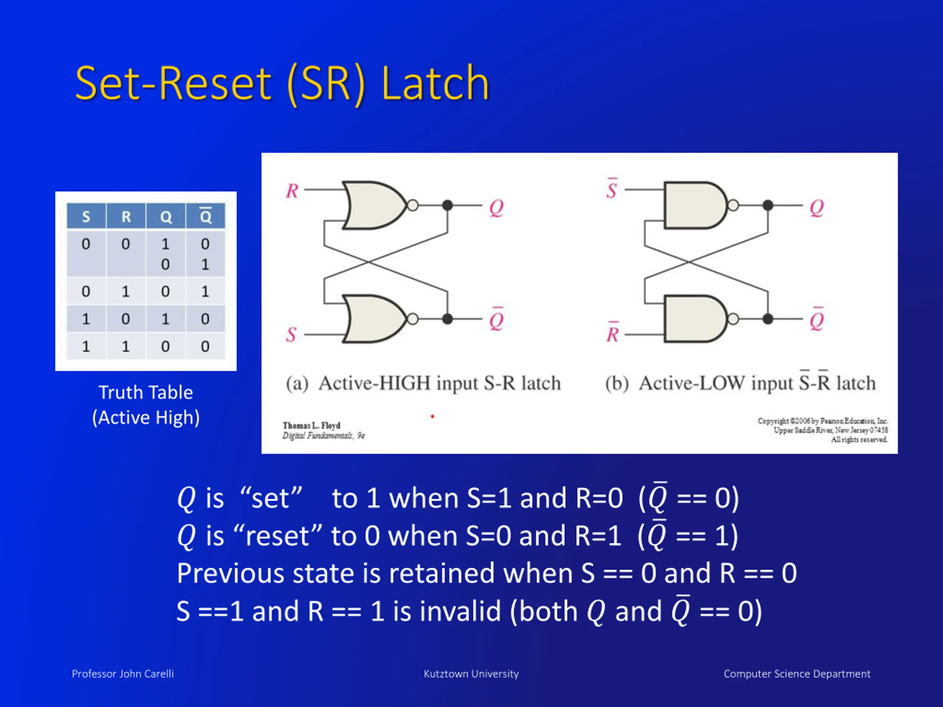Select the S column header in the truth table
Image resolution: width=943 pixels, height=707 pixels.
tap(86, 217)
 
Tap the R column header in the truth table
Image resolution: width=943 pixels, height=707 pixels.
tap(126, 217)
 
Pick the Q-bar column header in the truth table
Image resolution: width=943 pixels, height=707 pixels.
tap(206, 216)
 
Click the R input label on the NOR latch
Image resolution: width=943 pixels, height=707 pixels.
tap(292, 191)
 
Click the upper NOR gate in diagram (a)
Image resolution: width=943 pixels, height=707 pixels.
tap(373, 205)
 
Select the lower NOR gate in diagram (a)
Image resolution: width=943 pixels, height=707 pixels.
tap(373, 319)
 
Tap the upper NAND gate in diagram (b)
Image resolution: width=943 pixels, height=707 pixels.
tap(694, 205)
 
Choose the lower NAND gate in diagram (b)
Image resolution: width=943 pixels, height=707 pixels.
tap(694, 319)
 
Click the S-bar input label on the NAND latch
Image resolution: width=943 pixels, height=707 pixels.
tap(612, 189)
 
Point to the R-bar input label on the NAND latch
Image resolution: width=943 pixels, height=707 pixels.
tap(613, 333)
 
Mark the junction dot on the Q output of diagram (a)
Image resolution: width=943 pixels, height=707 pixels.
tap(447, 205)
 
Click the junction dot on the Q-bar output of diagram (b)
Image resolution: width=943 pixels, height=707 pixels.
tap(768, 319)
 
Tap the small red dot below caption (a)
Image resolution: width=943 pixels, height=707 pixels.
tap(432, 416)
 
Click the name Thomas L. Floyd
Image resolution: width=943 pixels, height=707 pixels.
tap(311, 425)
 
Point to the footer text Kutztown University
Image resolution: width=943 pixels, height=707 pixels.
tap(471, 674)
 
